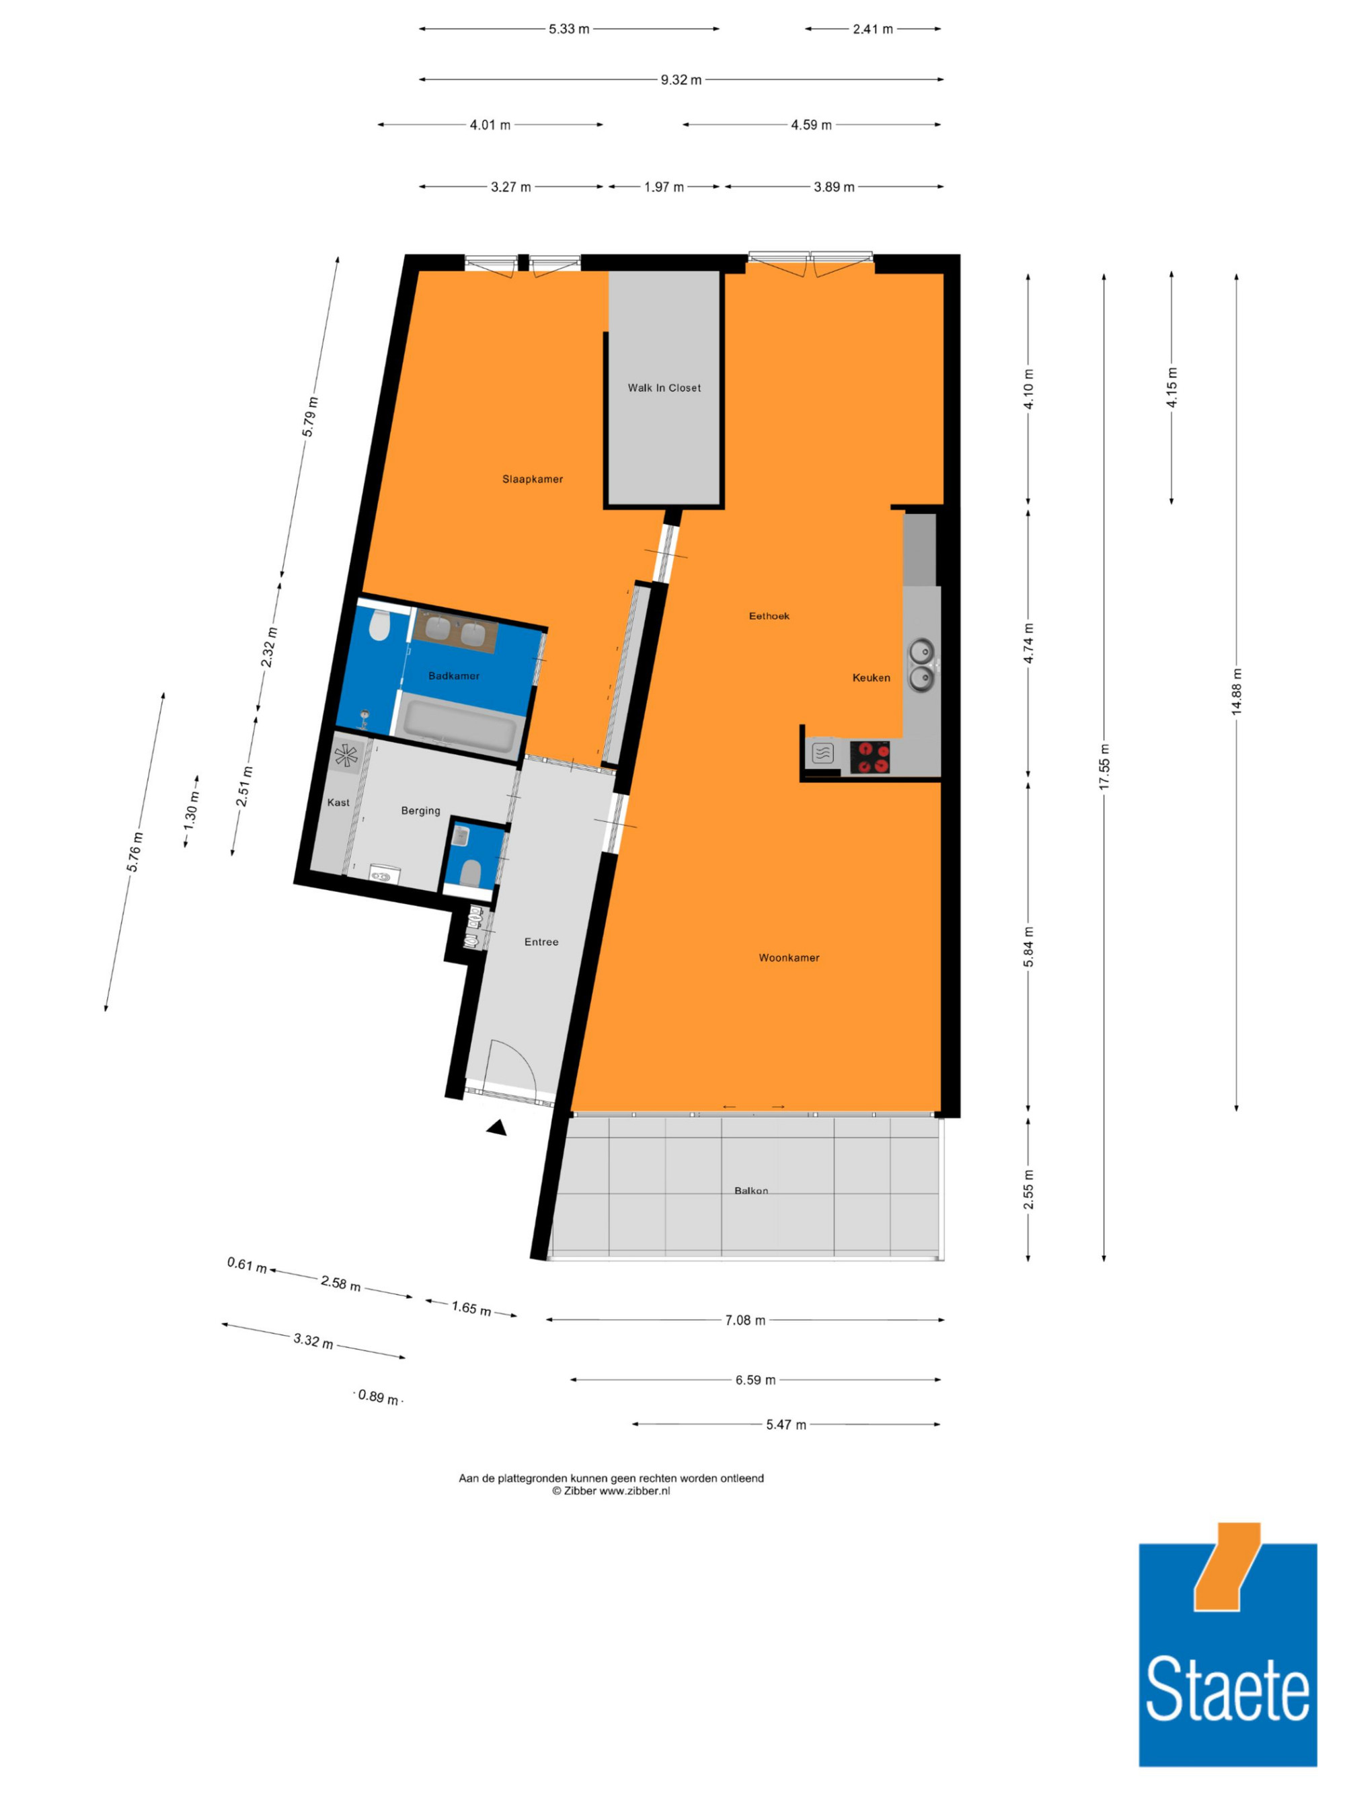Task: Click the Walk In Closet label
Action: (664, 387)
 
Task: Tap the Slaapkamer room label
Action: (533, 480)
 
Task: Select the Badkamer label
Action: (454, 675)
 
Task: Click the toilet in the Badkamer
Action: (379, 626)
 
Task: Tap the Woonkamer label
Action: (789, 958)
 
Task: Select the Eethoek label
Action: (769, 615)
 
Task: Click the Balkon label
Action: (751, 1191)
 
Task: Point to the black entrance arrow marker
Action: (497, 1127)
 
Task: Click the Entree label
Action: (541, 942)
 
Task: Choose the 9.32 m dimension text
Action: (681, 79)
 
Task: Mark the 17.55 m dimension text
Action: (1104, 766)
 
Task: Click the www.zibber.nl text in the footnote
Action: (634, 1491)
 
